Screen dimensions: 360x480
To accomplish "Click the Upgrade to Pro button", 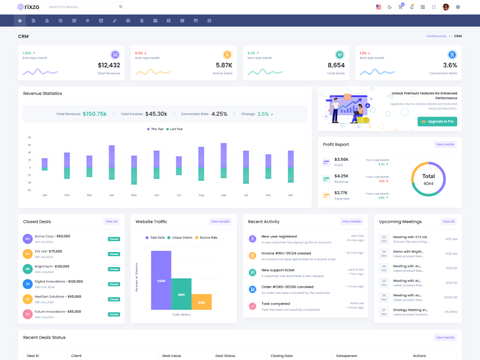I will click(x=437, y=121).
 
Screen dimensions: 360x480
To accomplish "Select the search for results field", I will click(x=84, y=7).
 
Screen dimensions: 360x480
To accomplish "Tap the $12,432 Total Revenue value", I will click(x=109, y=65).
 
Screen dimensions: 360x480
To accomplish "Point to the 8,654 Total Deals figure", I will click(x=336, y=65).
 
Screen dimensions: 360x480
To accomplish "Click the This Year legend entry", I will click(x=155, y=129).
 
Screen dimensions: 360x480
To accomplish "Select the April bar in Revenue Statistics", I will click(x=112, y=162).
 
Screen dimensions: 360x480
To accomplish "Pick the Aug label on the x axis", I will click(x=201, y=195).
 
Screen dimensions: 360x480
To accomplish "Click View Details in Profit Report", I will click(x=445, y=145).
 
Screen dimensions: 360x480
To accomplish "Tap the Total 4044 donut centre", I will click(x=428, y=179).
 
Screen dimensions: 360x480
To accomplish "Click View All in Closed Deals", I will click(x=111, y=221).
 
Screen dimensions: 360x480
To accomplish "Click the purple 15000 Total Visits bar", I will click(x=161, y=280).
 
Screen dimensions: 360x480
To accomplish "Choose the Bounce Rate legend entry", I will click(x=206, y=238).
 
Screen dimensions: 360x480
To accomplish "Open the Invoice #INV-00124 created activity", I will click(x=286, y=253).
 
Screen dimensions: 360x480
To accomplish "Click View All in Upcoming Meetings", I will click(x=448, y=221).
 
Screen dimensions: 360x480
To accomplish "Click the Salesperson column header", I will click(x=347, y=356).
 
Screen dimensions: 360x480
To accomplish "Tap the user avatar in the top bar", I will click(x=446, y=7).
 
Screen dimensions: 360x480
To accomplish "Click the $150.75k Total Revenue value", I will click(x=95, y=113).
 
